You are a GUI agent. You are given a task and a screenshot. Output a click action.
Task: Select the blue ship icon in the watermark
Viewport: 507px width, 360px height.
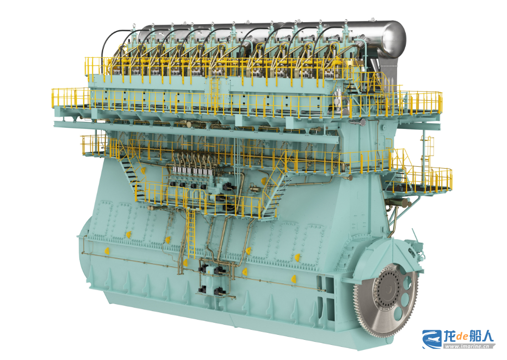click(x=432, y=339)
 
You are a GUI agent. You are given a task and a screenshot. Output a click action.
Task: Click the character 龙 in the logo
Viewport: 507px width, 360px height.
click(x=450, y=336)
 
